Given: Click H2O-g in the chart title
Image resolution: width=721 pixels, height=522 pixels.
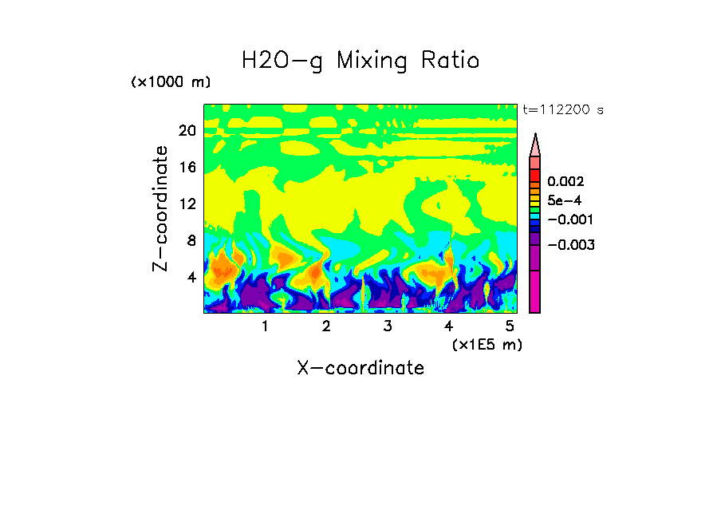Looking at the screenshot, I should (282, 61).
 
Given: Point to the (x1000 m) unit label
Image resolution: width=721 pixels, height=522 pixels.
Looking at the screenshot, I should (170, 83).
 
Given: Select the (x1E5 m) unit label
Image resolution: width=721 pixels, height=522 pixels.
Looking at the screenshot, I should (487, 344).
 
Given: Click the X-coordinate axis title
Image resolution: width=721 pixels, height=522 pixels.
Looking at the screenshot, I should (360, 368).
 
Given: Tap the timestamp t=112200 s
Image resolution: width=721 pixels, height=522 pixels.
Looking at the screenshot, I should (562, 110).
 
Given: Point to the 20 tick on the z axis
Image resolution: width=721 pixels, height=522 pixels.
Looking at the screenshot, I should (187, 131).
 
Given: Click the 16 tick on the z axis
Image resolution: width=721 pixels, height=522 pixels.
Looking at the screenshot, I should (187, 168).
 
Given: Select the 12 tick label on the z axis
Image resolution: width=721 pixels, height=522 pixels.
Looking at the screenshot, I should (187, 204).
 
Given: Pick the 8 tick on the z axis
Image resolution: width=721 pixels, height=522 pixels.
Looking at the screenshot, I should (191, 241).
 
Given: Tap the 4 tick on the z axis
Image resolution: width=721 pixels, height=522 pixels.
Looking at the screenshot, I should (191, 278).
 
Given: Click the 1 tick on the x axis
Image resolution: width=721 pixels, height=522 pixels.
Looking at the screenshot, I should (265, 326).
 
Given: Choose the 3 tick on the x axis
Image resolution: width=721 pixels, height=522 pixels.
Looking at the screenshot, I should (388, 326).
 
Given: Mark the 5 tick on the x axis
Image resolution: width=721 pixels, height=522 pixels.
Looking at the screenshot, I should (510, 326).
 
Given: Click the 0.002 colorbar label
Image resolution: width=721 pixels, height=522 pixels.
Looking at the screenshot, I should (565, 182).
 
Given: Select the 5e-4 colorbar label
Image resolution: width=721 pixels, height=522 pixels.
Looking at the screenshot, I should (564, 201).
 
